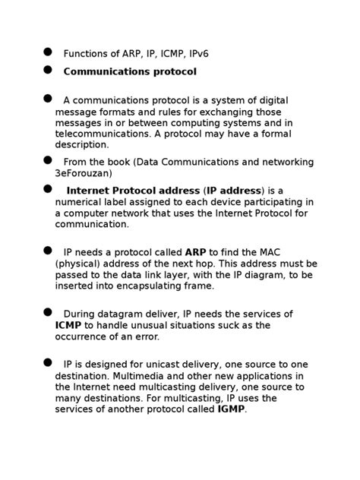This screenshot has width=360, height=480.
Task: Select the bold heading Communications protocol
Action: click(x=130, y=72)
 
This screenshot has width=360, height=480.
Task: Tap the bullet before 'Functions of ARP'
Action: click(x=48, y=52)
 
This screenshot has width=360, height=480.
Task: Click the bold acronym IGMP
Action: click(x=232, y=409)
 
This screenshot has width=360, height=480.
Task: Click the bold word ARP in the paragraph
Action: click(x=195, y=252)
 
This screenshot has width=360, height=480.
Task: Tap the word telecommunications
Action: click(x=103, y=134)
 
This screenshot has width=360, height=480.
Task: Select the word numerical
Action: click(x=81, y=202)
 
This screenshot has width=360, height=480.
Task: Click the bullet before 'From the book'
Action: click(x=48, y=160)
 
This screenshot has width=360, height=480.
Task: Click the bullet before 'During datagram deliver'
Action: click(x=48, y=312)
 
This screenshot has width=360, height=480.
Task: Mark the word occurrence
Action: click(x=85, y=336)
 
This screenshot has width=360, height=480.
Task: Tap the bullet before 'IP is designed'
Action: click(x=48, y=362)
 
